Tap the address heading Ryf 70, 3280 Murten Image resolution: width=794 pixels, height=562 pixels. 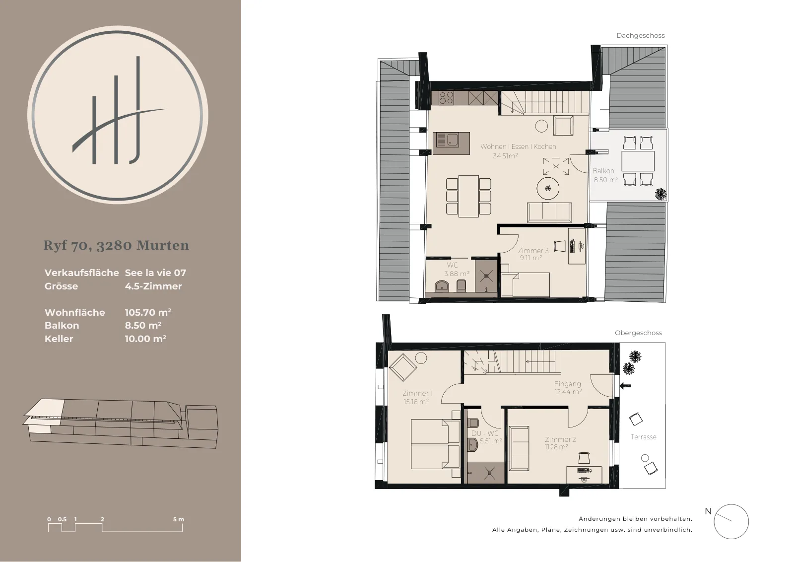[x=116, y=245]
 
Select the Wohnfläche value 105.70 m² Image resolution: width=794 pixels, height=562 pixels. [x=148, y=312]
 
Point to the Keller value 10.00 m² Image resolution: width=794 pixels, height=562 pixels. [x=145, y=339]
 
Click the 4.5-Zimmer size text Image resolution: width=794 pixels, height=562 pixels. [x=153, y=286]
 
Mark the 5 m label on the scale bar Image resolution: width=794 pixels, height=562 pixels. [x=179, y=519]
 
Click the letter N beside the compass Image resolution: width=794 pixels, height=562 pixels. [x=708, y=511]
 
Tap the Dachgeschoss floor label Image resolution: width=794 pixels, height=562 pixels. [x=641, y=35]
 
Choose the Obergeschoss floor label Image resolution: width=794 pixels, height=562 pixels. [x=638, y=333]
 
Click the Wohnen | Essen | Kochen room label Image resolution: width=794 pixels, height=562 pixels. [x=518, y=146]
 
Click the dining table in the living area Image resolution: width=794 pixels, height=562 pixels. [x=468, y=196]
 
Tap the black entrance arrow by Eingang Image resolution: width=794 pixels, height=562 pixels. [x=625, y=385]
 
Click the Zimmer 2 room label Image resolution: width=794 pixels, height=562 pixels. [x=560, y=439]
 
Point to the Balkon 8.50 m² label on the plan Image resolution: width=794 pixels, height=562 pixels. [x=606, y=175]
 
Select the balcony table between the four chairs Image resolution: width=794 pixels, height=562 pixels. [x=638, y=161]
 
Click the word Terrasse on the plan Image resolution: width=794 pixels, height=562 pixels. [x=643, y=437]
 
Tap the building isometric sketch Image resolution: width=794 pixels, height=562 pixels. [x=121, y=423]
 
